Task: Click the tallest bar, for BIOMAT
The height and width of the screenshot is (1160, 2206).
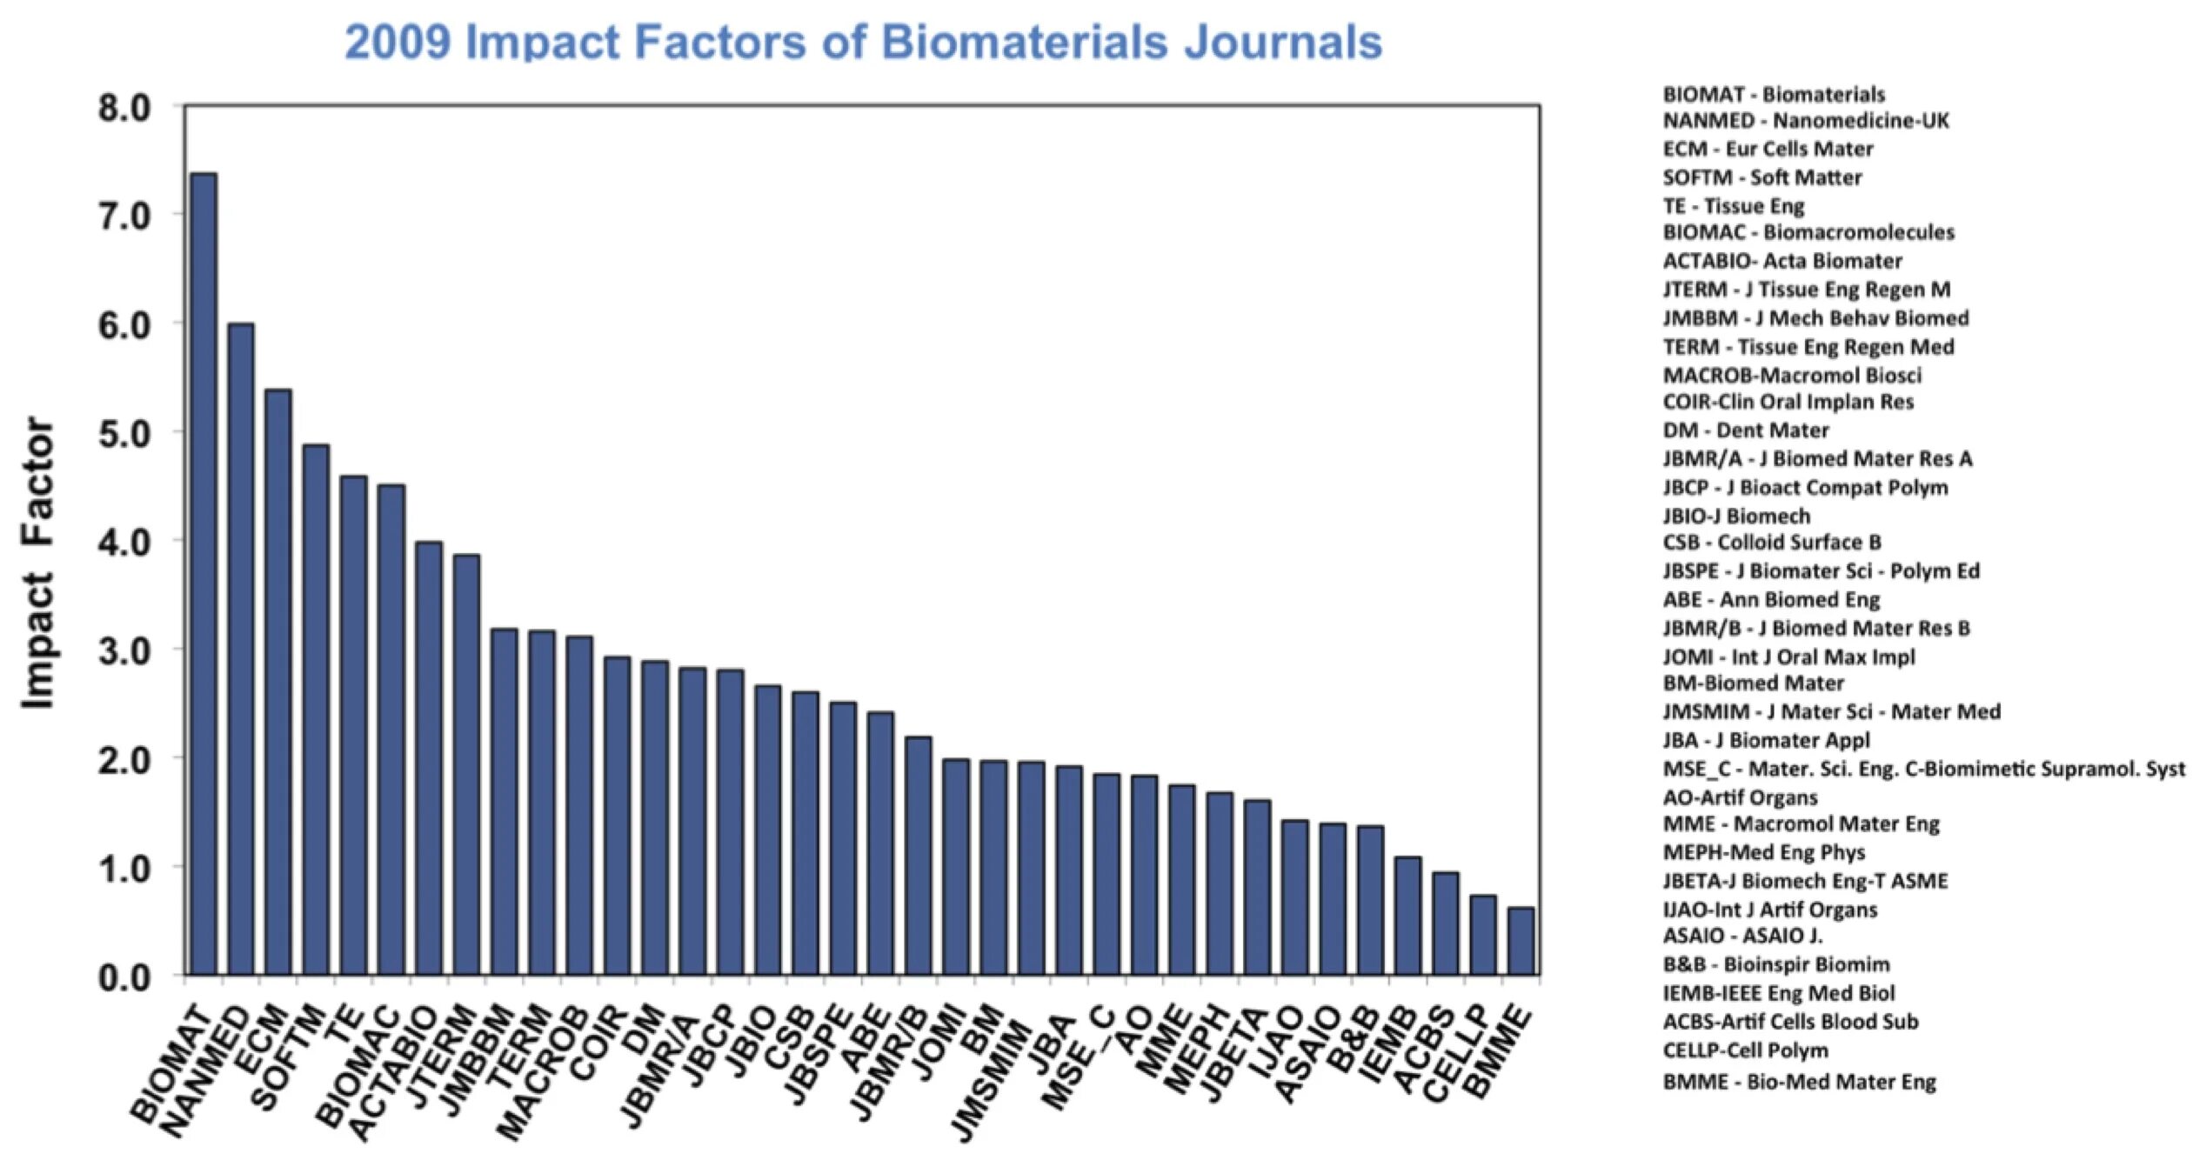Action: pyautogui.click(x=204, y=574)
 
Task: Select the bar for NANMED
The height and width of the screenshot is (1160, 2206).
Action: pyautogui.click(x=241, y=648)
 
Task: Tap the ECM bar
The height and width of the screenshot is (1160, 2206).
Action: pyautogui.click(x=278, y=682)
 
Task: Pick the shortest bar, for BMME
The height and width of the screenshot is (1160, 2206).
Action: pyautogui.click(x=1521, y=941)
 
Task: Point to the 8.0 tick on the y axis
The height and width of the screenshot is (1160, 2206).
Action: pyautogui.click(x=124, y=109)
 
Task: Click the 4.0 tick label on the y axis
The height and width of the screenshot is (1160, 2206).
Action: pyautogui.click(x=124, y=542)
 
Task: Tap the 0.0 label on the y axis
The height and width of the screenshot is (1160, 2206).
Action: pyautogui.click(x=124, y=977)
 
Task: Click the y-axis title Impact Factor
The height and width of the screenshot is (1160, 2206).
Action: pyautogui.click(x=38, y=563)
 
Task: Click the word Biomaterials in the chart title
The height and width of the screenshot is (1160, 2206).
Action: pyautogui.click(x=1023, y=42)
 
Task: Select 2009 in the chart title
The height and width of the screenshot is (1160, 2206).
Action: pyautogui.click(x=397, y=42)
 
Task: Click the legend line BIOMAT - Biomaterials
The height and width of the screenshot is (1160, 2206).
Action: pyautogui.click(x=1773, y=94)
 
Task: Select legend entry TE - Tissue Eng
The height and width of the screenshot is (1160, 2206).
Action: pyautogui.click(x=1733, y=206)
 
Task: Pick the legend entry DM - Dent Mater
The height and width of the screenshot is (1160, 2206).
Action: pyautogui.click(x=1745, y=430)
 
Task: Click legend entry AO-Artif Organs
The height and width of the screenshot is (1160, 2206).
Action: pyautogui.click(x=1740, y=797)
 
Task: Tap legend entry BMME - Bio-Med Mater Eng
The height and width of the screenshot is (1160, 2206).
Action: pyautogui.click(x=1798, y=1082)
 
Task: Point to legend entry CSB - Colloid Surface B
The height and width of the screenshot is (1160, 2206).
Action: pyautogui.click(x=1771, y=543)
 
